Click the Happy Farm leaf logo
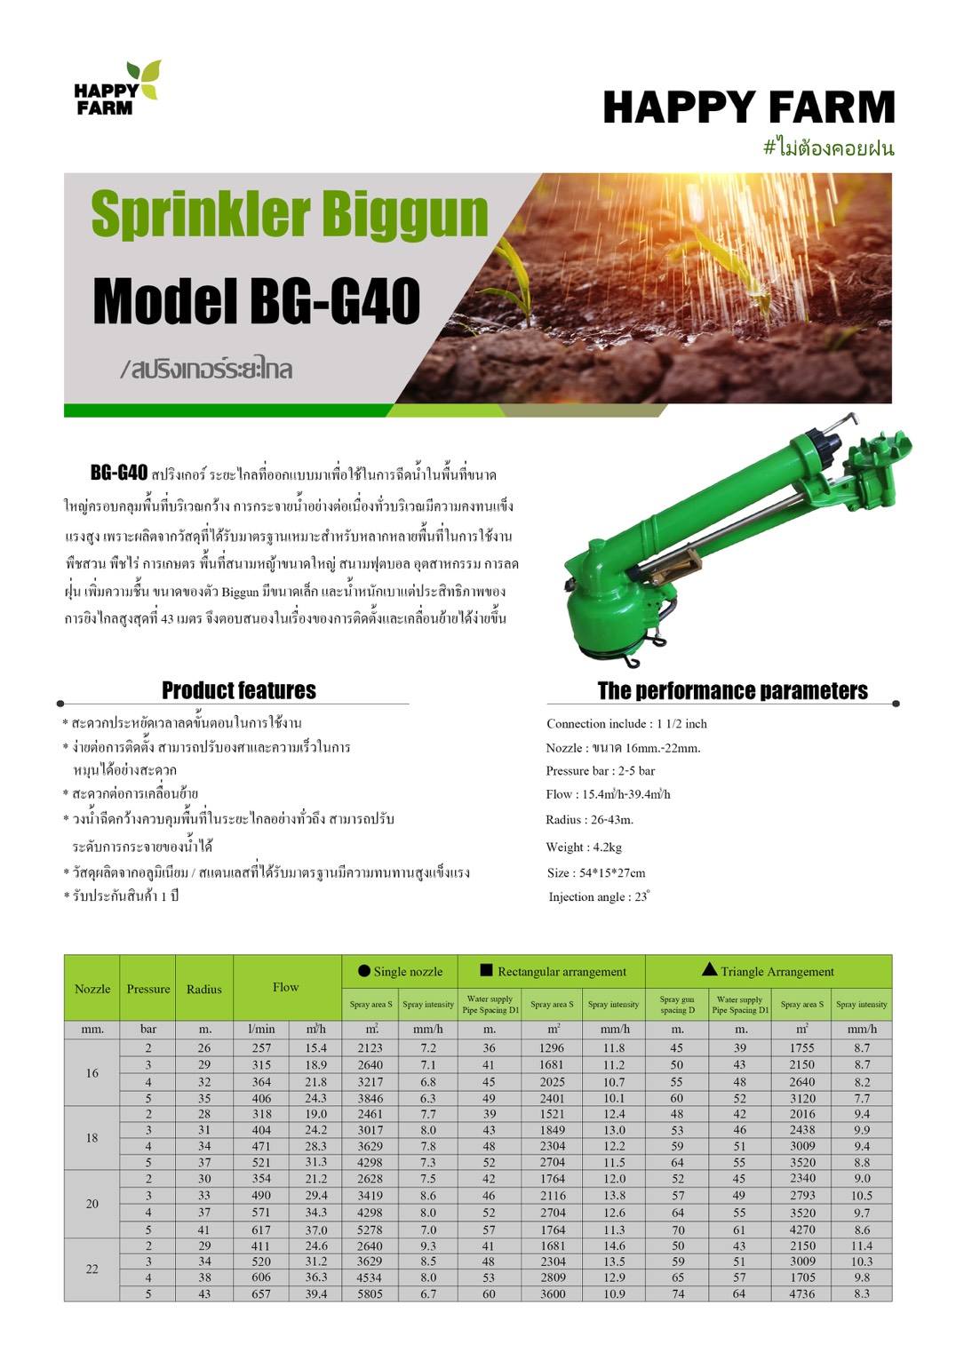[x=116, y=88]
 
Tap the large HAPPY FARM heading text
[x=748, y=107]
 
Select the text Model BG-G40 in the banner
[x=256, y=300]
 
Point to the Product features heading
[x=238, y=690]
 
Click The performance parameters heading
[x=732, y=691]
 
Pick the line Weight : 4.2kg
[x=584, y=847]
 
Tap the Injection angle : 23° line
[x=598, y=896]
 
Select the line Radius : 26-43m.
[x=589, y=819]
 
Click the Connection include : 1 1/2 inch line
[x=626, y=723]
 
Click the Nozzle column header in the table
[x=92, y=989]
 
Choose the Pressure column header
[x=148, y=989]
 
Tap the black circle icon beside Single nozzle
[x=364, y=971]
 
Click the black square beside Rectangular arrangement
[x=486, y=970]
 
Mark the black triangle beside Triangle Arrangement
[x=709, y=969]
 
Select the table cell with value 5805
[x=370, y=1293]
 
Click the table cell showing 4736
[x=801, y=1293]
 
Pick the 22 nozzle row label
[x=92, y=1269]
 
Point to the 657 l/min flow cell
[x=261, y=1293]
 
